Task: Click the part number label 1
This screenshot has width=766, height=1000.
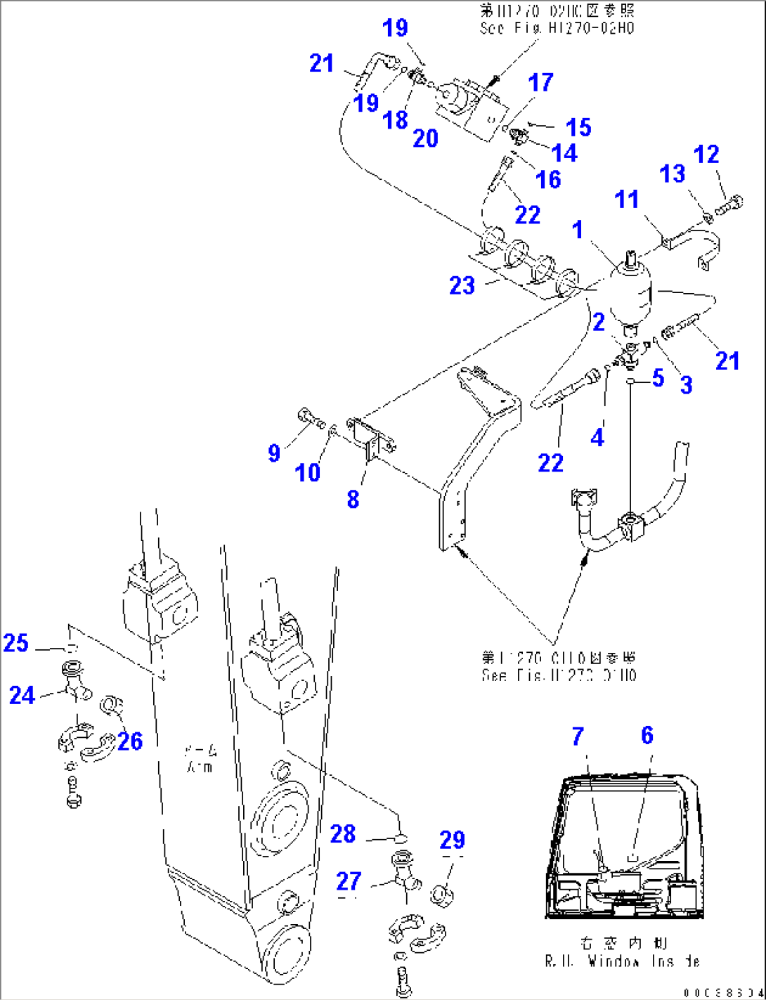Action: pos(578,230)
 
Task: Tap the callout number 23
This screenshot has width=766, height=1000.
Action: pos(462,285)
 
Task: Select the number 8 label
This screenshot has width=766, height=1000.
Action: pos(353,499)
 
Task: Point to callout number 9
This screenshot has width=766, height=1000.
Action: pos(274,453)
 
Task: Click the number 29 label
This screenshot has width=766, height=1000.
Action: pos(453,840)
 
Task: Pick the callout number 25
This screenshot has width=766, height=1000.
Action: pos(15,642)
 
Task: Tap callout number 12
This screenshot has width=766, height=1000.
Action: pos(706,155)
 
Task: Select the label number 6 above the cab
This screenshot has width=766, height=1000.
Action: pos(647,736)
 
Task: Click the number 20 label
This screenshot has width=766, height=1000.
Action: pos(425,138)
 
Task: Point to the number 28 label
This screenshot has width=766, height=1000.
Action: pos(343,833)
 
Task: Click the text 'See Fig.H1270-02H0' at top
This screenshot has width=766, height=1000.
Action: pos(557,28)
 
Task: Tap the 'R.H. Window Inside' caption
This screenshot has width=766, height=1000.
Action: pos(622,961)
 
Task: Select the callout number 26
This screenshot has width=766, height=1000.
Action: pos(130,741)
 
